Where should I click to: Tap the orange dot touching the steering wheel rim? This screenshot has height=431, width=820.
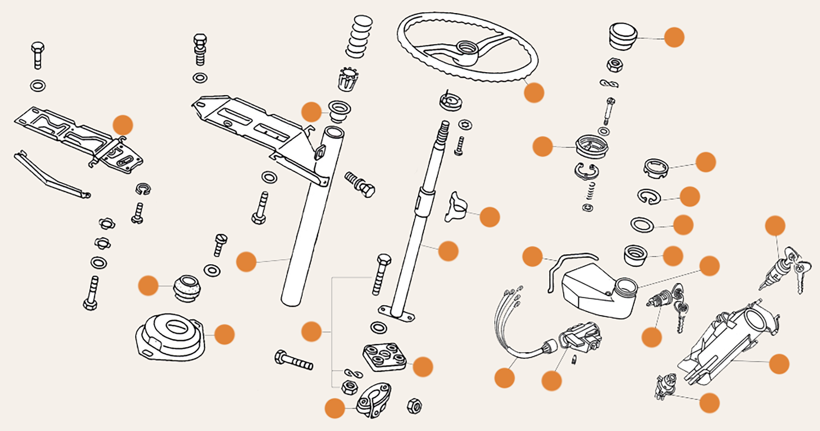coord(534,92)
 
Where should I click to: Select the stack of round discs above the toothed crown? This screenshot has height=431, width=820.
coord(359,37)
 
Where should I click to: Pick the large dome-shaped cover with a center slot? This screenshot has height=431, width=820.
coord(170,335)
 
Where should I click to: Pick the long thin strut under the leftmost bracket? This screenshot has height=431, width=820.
coord(52,175)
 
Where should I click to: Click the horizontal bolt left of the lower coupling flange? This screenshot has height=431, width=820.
coord(294,360)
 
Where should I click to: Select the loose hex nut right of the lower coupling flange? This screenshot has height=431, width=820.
coord(414,406)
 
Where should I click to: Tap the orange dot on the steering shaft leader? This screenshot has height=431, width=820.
coord(448,251)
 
